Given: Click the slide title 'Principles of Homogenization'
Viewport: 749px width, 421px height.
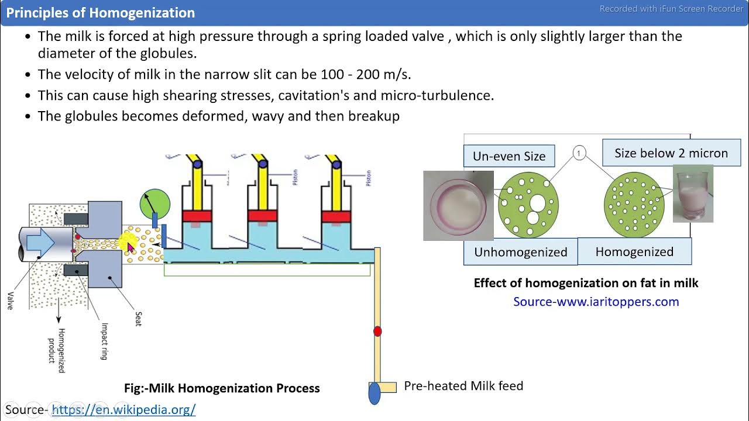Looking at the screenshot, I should click(101, 13).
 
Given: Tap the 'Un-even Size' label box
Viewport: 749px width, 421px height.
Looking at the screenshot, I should click(509, 156).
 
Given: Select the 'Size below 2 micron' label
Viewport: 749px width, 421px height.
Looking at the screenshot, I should click(671, 153).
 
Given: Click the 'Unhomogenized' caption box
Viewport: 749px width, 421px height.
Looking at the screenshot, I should click(520, 252).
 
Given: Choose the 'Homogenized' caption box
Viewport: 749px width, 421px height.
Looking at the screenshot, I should click(634, 251).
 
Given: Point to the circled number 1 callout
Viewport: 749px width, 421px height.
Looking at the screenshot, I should click(579, 153).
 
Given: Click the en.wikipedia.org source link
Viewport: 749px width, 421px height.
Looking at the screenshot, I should click(123, 409).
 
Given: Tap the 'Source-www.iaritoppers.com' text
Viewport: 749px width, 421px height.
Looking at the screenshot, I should click(596, 302).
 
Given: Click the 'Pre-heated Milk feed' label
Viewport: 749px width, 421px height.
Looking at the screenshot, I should click(463, 386).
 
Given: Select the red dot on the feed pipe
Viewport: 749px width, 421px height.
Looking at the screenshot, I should click(377, 332).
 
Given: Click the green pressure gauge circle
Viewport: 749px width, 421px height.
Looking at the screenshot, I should click(155, 204).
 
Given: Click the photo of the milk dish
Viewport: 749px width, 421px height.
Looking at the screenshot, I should click(458, 205).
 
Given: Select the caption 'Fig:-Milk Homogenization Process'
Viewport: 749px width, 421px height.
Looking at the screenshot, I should click(222, 388).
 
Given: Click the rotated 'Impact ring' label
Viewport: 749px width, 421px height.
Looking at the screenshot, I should click(104, 341).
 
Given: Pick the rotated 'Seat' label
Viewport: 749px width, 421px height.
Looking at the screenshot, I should click(138, 319).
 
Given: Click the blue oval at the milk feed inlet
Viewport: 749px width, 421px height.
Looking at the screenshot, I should click(374, 393).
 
